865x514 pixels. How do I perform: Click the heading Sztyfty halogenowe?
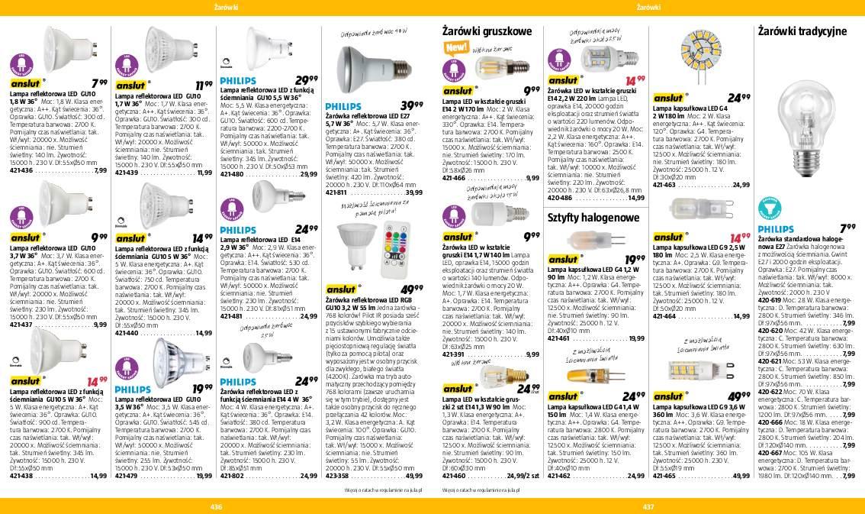click(x=593, y=218)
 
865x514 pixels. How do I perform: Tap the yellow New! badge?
click(x=456, y=47)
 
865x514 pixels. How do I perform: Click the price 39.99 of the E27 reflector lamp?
click(x=412, y=105)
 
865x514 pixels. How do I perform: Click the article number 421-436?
click(x=21, y=171)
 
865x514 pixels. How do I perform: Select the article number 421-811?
click(x=336, y=192)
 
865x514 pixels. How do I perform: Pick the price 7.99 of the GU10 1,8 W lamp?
click(x=98, y=82)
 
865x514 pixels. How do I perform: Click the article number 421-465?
click(x=664, y=475)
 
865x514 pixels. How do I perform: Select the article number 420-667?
click(x=770, y=453)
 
